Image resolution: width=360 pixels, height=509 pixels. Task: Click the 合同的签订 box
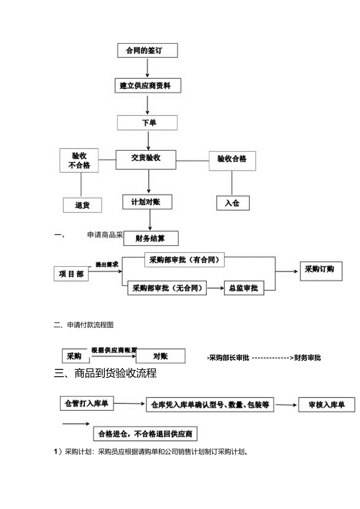[x=148, y=50]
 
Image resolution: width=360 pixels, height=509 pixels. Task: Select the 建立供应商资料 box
[x=148, y=85]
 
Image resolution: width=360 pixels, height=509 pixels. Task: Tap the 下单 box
[x=147, y=123]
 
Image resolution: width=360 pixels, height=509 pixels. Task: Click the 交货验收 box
[x=146, y=158]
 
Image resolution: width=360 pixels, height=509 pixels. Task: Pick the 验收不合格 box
[x=79, y=160]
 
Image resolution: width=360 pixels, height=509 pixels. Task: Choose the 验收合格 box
[x=232, y=160]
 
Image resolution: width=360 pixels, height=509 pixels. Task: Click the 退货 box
[x=82, y=205]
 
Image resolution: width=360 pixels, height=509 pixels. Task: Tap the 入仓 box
[x=232, y=203]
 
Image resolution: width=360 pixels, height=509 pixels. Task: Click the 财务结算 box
[x=151, y=238]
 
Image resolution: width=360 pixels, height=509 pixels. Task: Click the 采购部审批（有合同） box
[x=182, y=260]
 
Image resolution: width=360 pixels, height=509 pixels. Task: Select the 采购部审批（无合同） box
[x=167, y=288]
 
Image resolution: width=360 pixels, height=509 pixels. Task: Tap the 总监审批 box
[x=243, y=288]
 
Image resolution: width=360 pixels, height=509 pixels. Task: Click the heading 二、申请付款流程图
[x=84, y=325]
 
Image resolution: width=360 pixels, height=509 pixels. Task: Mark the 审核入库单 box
[x=326, y=405]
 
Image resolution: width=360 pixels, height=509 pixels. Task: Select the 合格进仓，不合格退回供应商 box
[x=145, y=433]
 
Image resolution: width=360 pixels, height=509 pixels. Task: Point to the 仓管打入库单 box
[x=87, y=403]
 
